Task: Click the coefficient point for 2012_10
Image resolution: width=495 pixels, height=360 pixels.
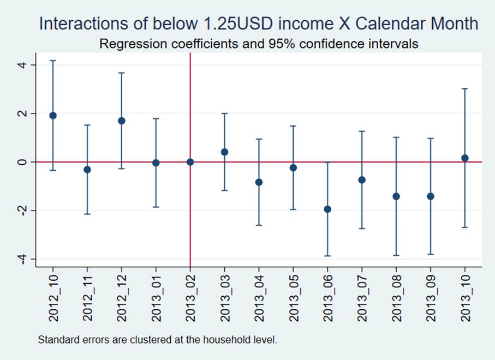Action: coord(53,116)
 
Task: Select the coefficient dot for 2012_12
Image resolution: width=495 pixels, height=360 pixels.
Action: coord(122,121)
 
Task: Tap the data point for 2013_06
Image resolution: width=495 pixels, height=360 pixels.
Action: coord(327,209)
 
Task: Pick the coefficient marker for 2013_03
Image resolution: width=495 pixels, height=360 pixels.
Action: coord(224,152)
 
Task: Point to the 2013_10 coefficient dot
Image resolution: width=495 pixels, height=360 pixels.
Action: coord(465,158)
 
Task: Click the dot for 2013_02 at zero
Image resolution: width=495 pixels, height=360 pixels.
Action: coord(190,162)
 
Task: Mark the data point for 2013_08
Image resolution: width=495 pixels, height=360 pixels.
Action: coord(396,196)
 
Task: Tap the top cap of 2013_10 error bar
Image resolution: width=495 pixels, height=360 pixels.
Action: coord(465,88)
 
